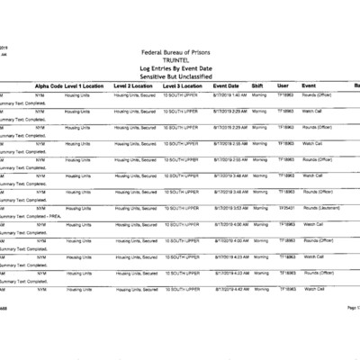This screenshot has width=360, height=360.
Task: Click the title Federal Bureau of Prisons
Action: pyautogui.click(x=180, y=52)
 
